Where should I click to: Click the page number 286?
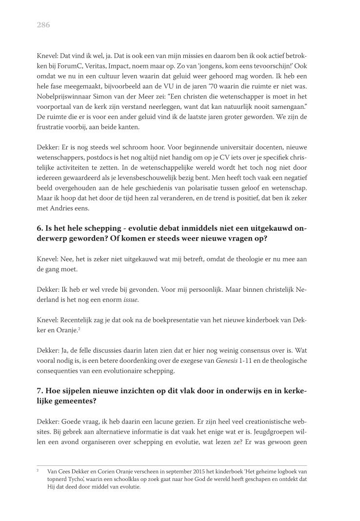tap(43, 24)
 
